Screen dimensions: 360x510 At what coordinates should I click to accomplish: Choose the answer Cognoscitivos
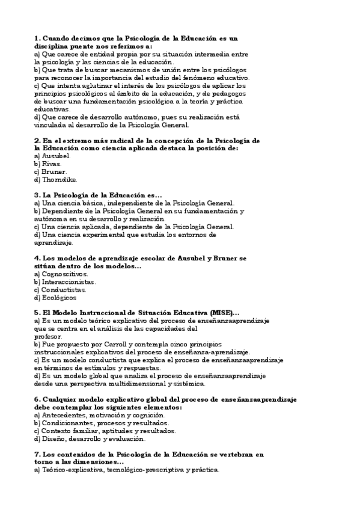pos(64,274)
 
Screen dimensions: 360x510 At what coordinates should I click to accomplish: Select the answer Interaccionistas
pos(68,281)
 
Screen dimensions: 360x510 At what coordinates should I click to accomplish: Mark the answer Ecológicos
pos(59,297)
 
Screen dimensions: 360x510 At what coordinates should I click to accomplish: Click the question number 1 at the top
pos(37,37)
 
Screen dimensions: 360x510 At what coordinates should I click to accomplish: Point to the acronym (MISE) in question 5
pos(224,313)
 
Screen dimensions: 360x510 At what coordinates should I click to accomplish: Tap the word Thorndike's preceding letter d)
pos(37,179)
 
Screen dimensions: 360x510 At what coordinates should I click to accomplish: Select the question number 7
pos(37,455)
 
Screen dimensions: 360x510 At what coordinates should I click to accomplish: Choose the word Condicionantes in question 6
pos(68,423)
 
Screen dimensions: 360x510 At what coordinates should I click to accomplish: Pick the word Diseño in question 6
pos(52,439)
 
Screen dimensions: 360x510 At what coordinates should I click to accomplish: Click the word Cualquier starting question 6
pos(61,400)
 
